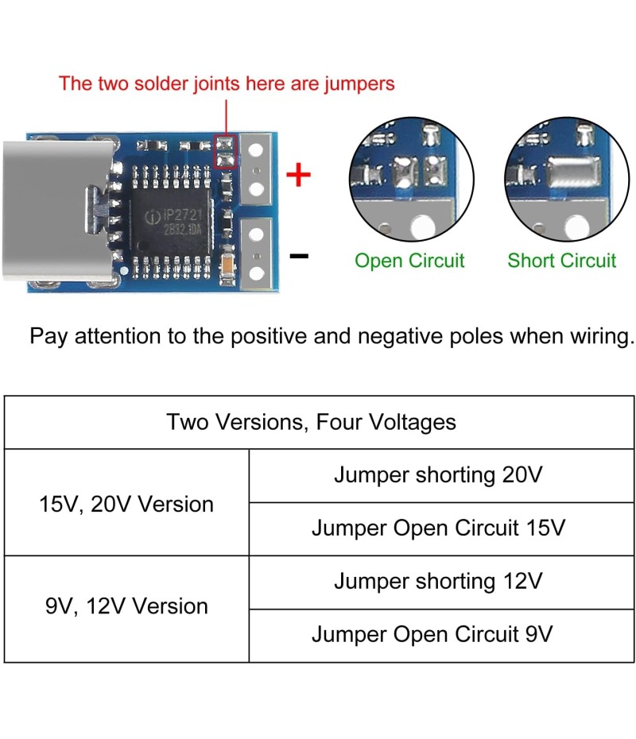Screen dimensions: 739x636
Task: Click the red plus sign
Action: [298, 175]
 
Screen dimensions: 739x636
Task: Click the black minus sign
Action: [299, 256]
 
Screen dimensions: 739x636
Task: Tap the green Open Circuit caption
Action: [409, 261]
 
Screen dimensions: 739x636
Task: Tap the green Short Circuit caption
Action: [561, 261]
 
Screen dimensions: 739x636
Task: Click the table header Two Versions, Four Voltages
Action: [311, 421]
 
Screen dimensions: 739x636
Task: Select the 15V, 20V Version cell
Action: [126, 504]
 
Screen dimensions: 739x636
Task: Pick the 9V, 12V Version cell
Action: [126, 606]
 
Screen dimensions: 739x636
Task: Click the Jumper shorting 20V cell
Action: [438, 475]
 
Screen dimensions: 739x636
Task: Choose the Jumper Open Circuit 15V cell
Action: [438, 528]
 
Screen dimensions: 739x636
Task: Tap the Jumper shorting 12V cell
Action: [438, 581]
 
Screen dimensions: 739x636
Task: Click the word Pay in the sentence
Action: [49, 336]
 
